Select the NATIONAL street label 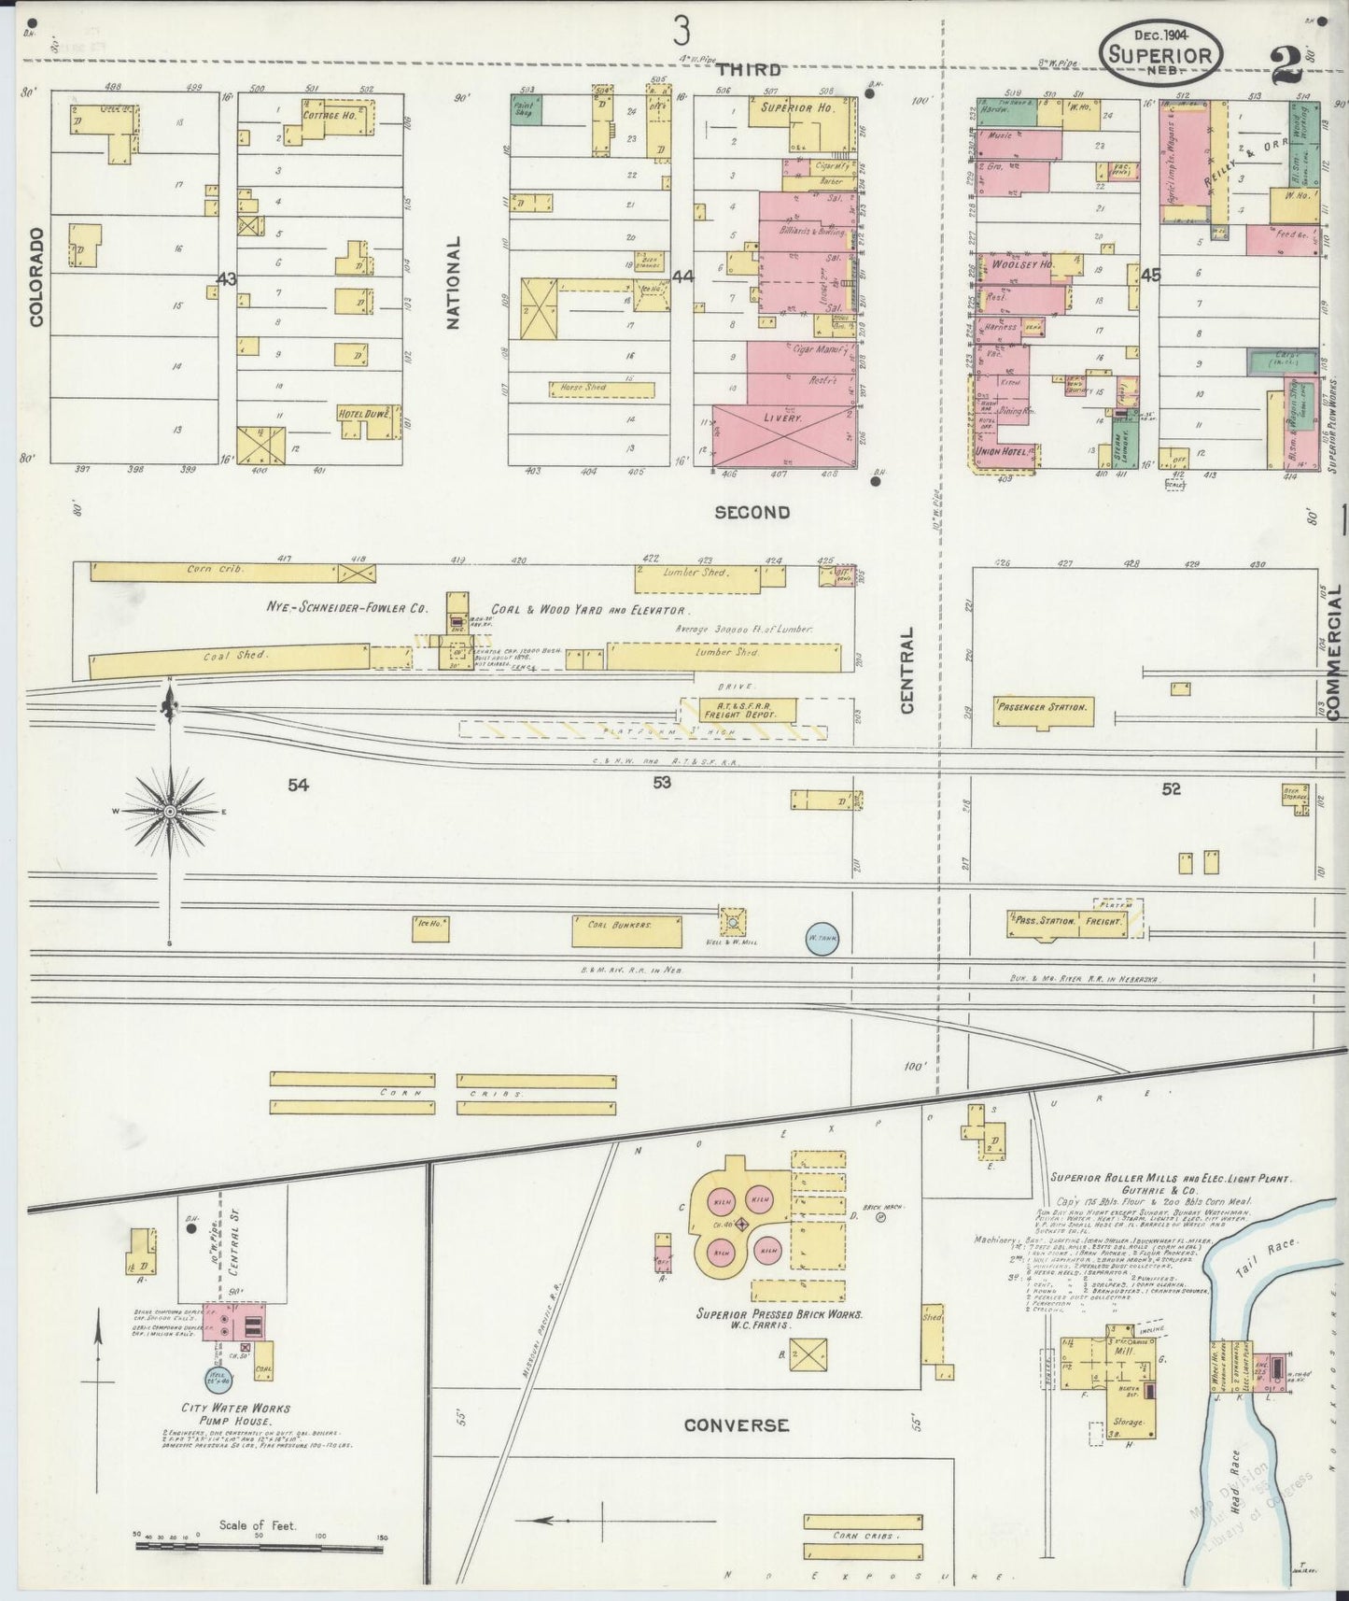click(454, 282)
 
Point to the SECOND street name click(752, 512)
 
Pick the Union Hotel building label click(1002, 452)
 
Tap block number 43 click(226, 278)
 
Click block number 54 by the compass click(297, 786)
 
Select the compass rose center click(170, 812)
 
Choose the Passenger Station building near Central click(1043, 708)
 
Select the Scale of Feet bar click(260, 1546)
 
